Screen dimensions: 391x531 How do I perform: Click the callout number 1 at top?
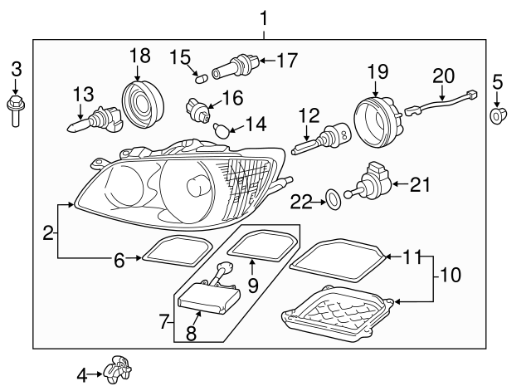click(264, 17)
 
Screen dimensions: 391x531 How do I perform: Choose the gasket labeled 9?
click(261, 246)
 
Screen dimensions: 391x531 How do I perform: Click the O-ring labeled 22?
click(332, 198)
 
